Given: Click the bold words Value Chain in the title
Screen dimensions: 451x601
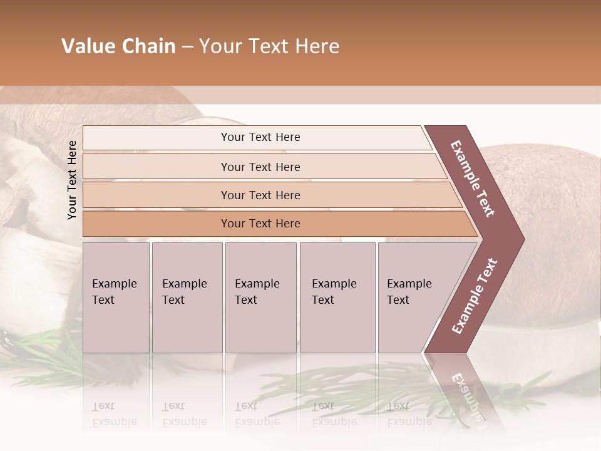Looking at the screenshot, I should click(x=118, y=46).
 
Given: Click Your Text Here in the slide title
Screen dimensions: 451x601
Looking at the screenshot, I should click(x=269, y=46).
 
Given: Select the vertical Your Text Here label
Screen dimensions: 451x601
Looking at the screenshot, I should click(x=72, y=180).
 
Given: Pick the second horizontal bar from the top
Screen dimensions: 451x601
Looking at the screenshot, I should click(x=260, y=167).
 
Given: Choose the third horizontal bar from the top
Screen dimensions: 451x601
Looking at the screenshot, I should click(x=260, y=195).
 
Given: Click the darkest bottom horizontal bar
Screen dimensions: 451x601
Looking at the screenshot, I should click(x=260, y=224).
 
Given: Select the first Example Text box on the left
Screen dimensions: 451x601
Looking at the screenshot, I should click(x=116, y=298).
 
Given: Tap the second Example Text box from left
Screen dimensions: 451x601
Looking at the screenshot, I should click(x=187, y=298).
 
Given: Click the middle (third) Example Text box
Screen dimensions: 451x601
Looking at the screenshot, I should click(x=260, y=298).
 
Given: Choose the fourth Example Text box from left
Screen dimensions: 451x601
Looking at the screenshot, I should click(x=337, y=298).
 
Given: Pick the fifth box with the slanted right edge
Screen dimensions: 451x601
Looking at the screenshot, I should click(x=413, y=298).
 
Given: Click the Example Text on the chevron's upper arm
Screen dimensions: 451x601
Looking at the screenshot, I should click(x=473, y=179).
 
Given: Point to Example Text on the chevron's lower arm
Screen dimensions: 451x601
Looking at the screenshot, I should click(x=474, y=296).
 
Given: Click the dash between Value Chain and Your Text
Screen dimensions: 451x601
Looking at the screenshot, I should click(x=187, y=47).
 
